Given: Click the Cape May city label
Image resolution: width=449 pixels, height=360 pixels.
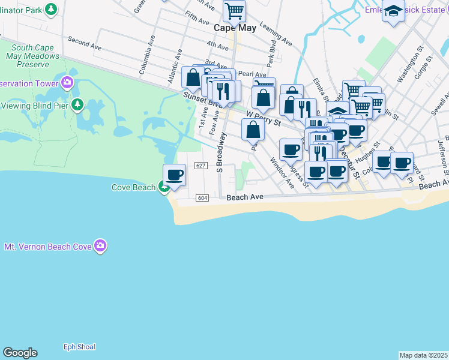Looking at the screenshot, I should tap(235, 28).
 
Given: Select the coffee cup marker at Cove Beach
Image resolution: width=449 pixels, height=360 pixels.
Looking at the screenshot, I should tap(174, 175).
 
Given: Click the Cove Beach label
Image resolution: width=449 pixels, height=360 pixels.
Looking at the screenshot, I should tap(133, 187).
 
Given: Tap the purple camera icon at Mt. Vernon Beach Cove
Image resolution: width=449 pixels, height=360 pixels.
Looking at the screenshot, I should tap(100, 245).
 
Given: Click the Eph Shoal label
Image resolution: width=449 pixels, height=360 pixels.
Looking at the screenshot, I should tap(79, 347).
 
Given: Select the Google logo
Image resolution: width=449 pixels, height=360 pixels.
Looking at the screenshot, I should tap(20, 353).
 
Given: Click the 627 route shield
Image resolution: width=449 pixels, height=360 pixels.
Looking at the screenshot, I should tap(201, 166).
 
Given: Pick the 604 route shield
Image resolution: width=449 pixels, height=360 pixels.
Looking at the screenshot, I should tap(202, 197).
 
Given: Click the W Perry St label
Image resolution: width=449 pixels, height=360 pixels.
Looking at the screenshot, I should tap(264, 117).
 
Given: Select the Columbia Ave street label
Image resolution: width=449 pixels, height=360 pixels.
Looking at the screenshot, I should tap(144, 58).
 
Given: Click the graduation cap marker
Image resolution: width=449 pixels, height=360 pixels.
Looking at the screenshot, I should tap(393, 12).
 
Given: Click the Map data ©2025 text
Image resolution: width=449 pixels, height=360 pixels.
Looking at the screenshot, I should tap(423, 355).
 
